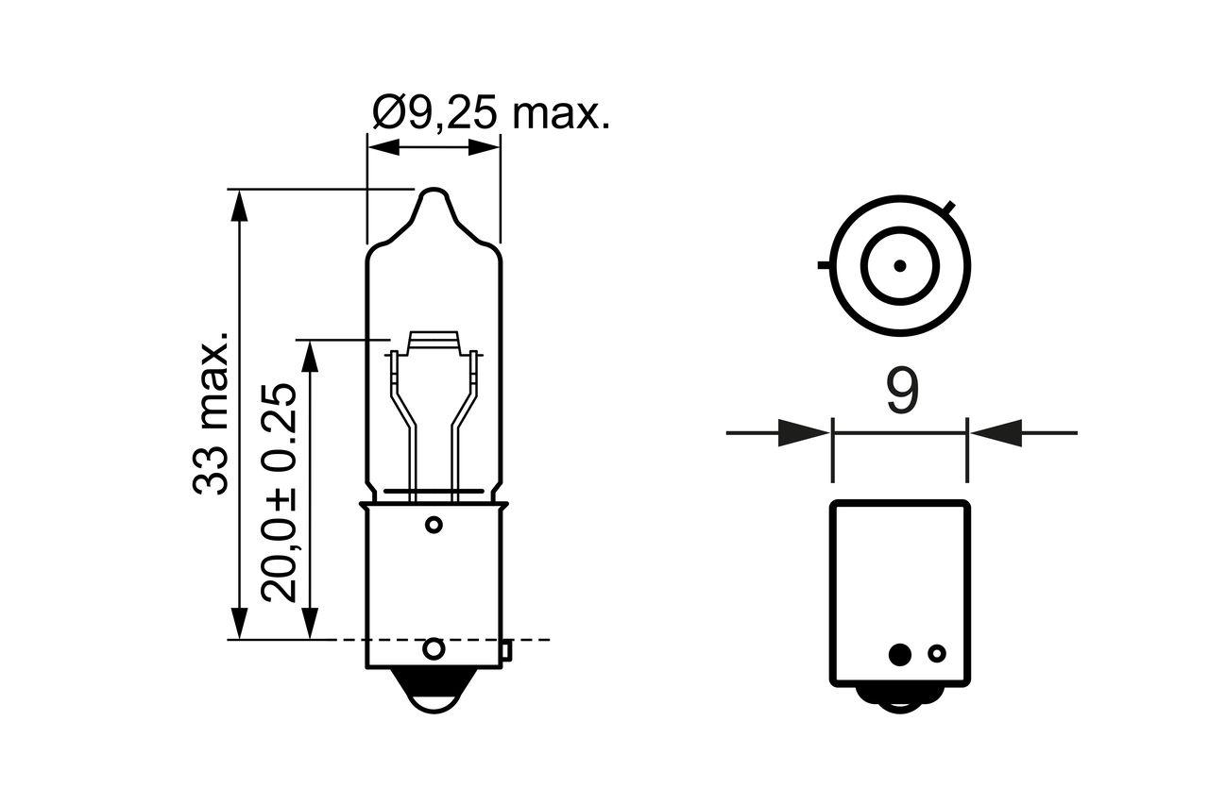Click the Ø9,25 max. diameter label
click(x=490, y=114)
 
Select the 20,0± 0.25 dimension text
click(x=281, y=493)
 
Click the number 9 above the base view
click(x=902, y=392)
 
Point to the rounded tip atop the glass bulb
click(x=434, y=198)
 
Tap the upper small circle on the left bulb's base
click(x=434, y=525)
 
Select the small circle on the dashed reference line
click(x=434, y=648)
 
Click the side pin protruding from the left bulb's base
click(x=506, y=649)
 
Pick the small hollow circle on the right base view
click(x=937, y=653)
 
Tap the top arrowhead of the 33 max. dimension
click(x=239, y=205)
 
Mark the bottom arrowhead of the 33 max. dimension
click(x=239, y=624)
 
